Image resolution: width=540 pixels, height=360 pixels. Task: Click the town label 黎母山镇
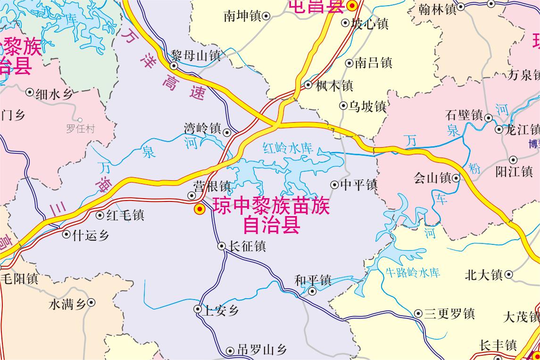196,55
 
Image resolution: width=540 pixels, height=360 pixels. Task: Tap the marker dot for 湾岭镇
227,133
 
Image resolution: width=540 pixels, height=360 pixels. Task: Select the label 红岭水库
288,148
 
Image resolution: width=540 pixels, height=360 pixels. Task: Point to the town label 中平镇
359,184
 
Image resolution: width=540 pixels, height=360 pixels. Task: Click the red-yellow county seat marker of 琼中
199,209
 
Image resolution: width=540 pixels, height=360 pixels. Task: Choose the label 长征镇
247,246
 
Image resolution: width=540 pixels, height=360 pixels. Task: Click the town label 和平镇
313,280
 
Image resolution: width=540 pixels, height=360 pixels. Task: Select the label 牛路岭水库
413,272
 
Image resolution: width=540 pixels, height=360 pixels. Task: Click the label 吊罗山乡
262,350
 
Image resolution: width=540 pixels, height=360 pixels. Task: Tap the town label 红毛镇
125,216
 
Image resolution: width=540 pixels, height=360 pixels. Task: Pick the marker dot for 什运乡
66,234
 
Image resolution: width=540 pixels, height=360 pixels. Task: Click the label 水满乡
67,304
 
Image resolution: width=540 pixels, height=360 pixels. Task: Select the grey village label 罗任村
80,129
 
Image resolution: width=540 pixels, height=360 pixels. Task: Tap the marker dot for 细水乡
30,92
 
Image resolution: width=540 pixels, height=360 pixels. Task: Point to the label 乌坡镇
367,107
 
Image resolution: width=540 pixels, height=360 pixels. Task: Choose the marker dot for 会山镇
456,178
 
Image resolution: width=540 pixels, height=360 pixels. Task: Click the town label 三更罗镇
449,314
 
